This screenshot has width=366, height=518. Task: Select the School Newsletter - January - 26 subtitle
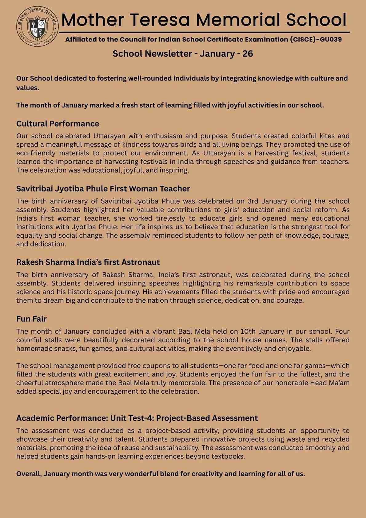click(183, 54)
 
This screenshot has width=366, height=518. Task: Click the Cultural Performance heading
click(58, 124)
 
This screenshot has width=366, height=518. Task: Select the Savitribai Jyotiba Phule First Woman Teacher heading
click(103, 189)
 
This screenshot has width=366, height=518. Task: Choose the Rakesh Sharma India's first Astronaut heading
click(88, 262)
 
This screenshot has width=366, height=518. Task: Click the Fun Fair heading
click(31, 319)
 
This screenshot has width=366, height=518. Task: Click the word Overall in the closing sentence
click(29, 474)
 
